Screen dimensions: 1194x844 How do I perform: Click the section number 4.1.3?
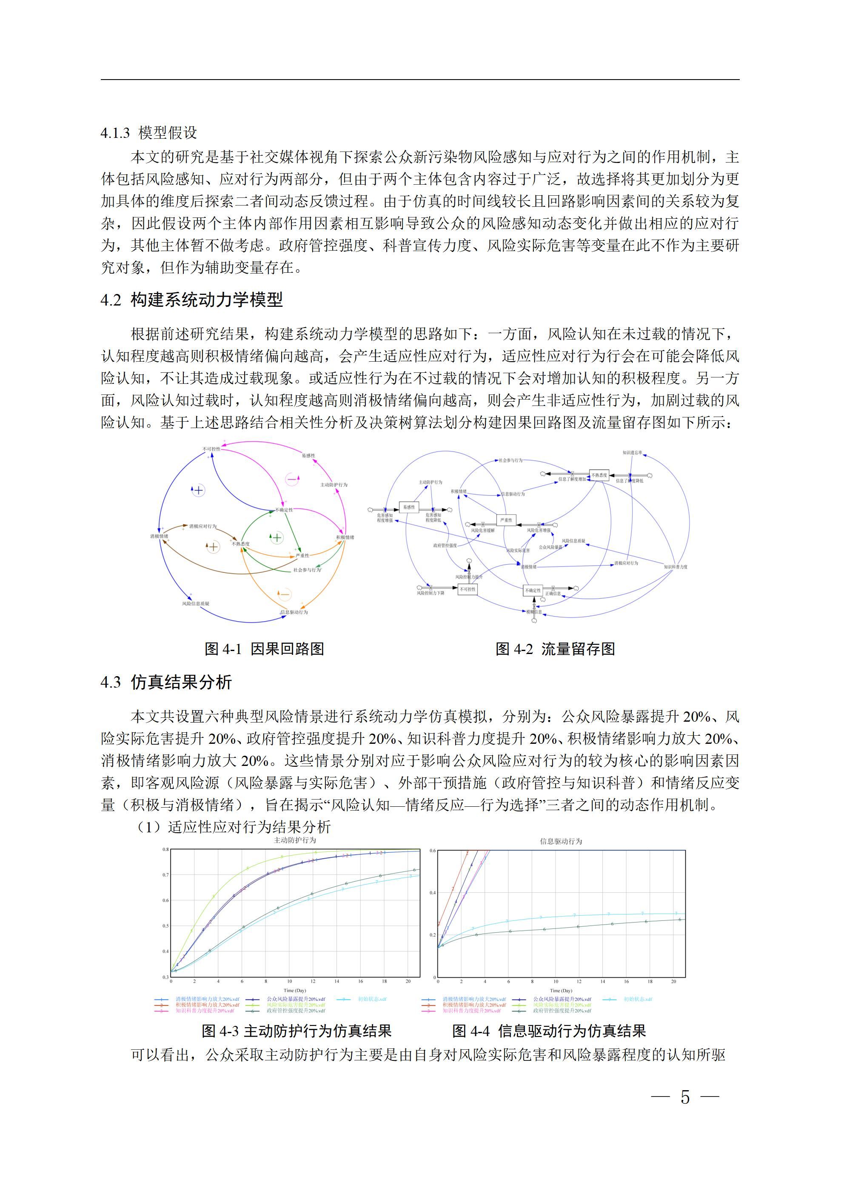115,133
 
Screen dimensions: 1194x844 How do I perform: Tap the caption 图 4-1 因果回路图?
264,648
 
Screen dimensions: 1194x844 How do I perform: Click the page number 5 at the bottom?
685,1097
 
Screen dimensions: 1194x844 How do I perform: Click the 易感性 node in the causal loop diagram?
308,456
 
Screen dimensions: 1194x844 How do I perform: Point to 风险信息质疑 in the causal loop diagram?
196,604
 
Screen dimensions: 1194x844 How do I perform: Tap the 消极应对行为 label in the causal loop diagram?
203,526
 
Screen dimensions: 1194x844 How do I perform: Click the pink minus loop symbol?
292,479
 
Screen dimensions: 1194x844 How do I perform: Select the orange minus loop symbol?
285,594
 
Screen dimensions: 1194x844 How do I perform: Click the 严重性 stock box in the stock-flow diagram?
506,520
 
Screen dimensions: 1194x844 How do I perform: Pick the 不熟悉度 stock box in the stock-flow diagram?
599,475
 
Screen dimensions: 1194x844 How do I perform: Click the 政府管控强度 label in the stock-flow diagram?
445,546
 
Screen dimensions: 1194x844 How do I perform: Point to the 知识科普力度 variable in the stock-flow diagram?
676,567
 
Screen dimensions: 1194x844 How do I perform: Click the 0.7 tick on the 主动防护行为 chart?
165,875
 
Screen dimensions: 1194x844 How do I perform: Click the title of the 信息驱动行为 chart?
561,841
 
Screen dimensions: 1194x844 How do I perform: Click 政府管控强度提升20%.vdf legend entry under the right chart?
562,1011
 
